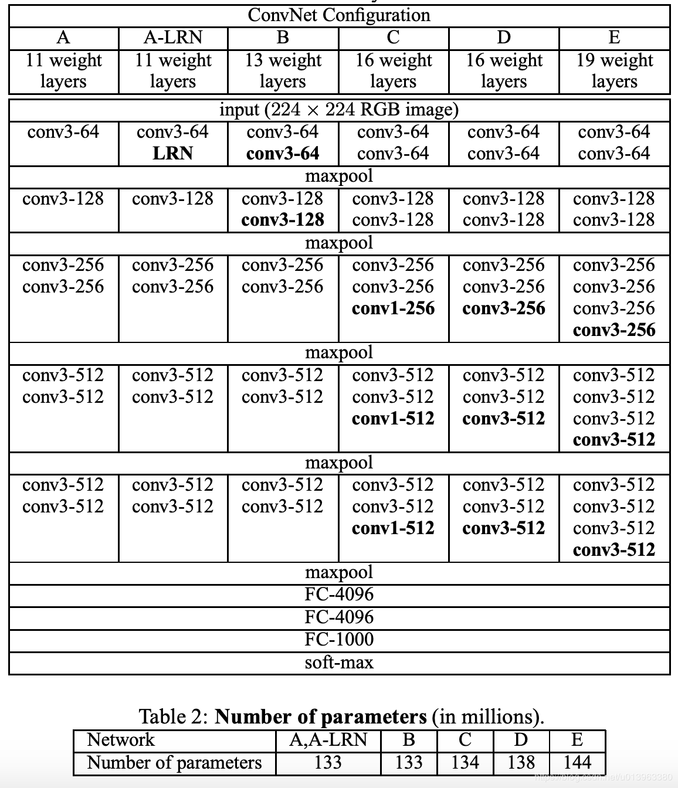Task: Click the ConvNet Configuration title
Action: coord(339,15)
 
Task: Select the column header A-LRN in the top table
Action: coord(172,38)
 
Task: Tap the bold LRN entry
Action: coord(172,154)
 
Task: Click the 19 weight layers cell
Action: coord(614,71)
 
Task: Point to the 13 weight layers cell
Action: coord(283,71)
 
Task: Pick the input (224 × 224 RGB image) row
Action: coord(339,110)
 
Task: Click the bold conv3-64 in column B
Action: coord(283,154)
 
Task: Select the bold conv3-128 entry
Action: coord(283,220)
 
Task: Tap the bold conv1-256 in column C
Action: coord(393,308)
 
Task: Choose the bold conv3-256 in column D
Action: coord(504,308)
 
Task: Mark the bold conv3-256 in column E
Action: coord(614,330)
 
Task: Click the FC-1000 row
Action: coord(339,640)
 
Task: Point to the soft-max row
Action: coord(339,663)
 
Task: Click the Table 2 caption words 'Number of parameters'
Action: coord(320,717)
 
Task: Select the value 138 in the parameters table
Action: coord(521,763)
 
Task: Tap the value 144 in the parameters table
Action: coord(577,763)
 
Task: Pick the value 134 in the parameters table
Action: coord(465,763)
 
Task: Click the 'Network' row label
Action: coord(120,740)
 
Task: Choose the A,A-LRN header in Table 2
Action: coord(328,740)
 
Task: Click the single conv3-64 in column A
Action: coord(63,132)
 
